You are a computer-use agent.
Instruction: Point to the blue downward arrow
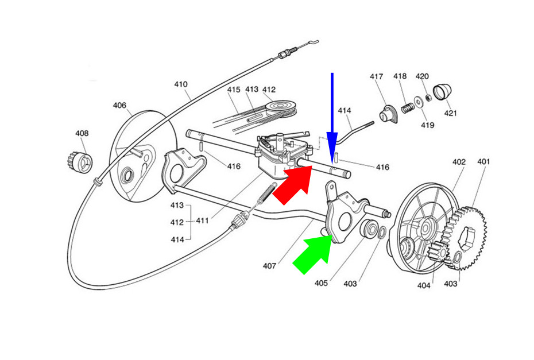(x=332, y=118)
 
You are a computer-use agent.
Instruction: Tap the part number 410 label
(x=181, y=84)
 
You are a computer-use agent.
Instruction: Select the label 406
(x=119, y=105)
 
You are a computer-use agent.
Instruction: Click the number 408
(x=82, y=133)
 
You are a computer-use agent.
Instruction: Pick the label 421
(x=450, y=113)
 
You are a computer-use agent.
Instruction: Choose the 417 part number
(x=377, y=76)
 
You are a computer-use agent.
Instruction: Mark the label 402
(x=459, y=161)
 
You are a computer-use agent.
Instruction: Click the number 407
(x=269, y=265)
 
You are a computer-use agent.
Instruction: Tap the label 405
(x=321, y=282)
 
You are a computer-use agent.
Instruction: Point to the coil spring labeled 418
(x=407, y=108)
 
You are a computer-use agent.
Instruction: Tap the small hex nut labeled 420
(x=429, y=98)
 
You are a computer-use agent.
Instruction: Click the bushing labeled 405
(x=369, y=229)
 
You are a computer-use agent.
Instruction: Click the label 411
(x=202, y=220)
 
